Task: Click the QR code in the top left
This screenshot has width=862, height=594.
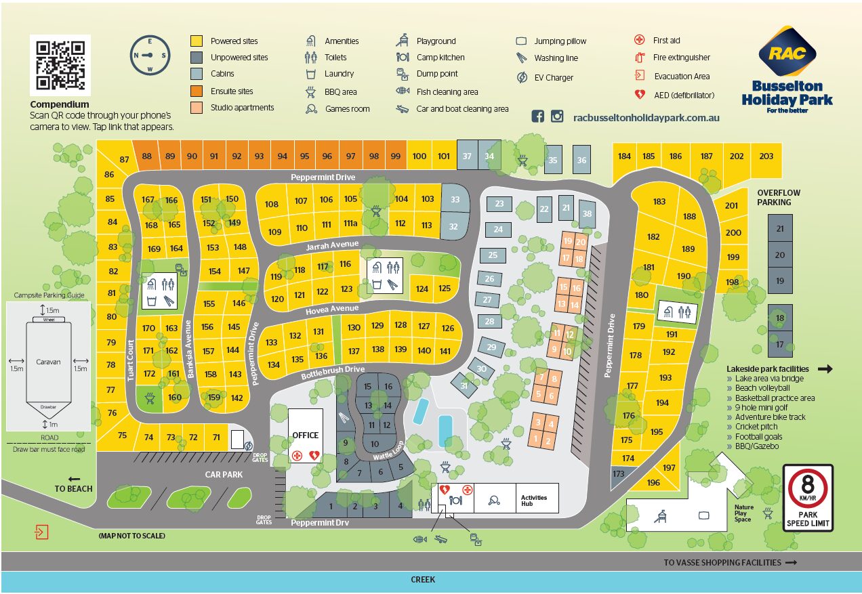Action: (60, 66)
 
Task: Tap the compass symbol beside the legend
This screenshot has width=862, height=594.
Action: (150, 56)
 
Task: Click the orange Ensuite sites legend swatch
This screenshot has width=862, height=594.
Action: (197, 91)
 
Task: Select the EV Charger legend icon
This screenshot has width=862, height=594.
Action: (521, 77)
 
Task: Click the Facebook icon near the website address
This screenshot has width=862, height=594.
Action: (537, 116)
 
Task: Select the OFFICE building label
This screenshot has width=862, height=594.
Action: (305, 435)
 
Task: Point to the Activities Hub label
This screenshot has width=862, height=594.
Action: (534, 502)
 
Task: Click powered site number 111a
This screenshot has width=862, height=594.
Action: (350, 224)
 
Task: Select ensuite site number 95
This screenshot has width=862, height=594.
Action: (305, 156)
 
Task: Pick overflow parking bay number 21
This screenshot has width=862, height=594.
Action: (780, 229)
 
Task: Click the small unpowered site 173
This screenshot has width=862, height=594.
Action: (618, 474)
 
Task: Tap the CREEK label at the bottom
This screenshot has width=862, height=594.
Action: (423, 580)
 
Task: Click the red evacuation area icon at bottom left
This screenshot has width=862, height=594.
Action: (42, 532)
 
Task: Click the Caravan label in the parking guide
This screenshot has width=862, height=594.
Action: (48, 362)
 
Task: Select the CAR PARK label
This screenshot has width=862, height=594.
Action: (224, 475)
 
